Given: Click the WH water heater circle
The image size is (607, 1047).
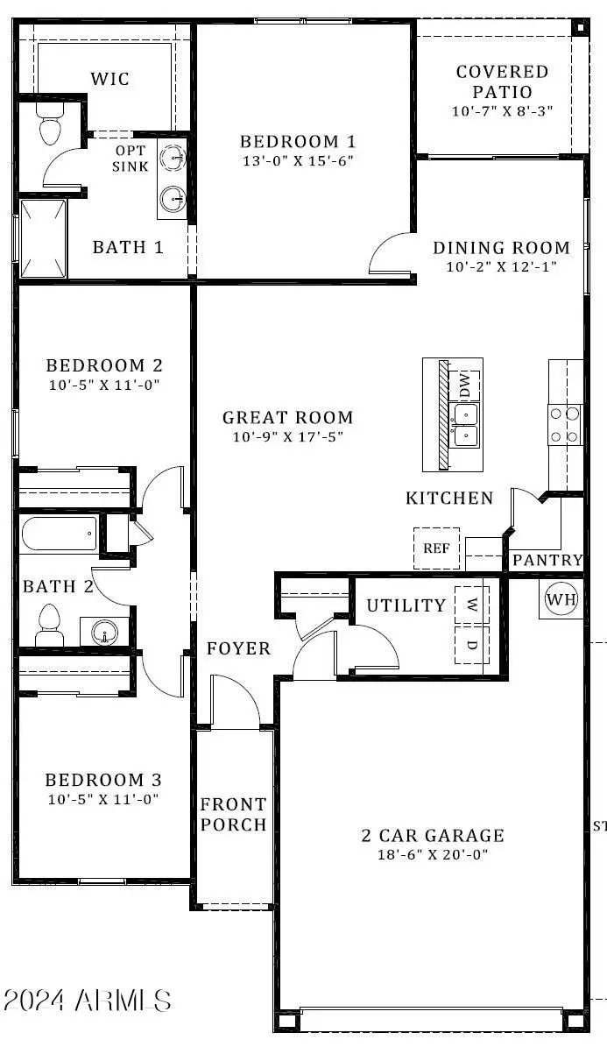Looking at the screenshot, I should click(561, 599).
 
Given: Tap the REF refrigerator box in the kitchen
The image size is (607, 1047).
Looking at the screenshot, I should click(436, 548).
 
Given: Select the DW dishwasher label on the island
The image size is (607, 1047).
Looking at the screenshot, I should click(465, 384).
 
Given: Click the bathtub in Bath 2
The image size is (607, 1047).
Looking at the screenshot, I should click(59, 534).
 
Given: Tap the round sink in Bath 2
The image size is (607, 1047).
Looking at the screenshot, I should click(105, 632).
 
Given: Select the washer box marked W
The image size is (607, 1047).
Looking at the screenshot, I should click(471, 605).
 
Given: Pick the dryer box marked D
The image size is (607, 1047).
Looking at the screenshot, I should click(471, 645).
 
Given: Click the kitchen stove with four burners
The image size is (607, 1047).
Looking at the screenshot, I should click(565, 423).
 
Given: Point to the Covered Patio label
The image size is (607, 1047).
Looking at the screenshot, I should click(501, 81).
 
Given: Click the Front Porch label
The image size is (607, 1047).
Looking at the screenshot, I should click(233, 814).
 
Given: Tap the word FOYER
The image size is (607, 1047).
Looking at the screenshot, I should click(238, 649).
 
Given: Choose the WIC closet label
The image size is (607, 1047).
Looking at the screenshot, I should click(110, 80).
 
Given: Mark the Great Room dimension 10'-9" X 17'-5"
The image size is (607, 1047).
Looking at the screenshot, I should click(287, 436).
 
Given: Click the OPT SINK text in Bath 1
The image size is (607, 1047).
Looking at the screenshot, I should click(131, 158).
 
